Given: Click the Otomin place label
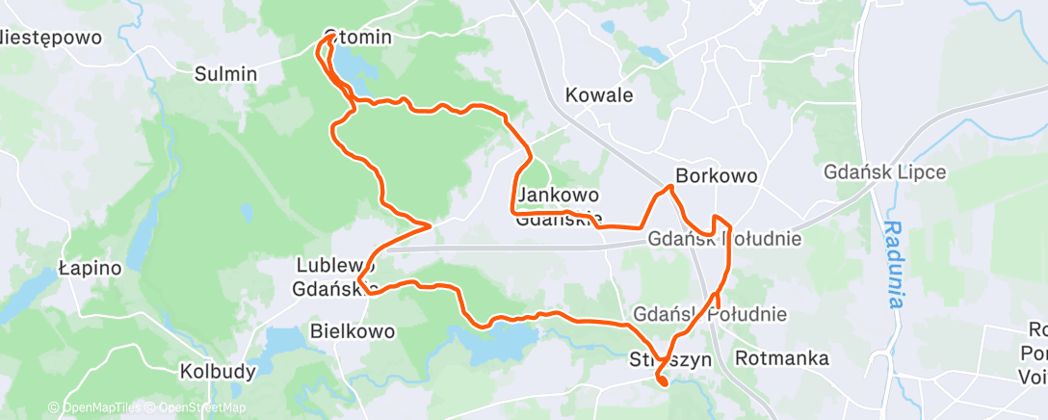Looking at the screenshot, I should point(358,38).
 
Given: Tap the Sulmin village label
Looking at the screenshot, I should point(225,73).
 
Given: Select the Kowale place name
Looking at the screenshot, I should point(599,95).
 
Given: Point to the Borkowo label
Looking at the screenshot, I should point(717,176).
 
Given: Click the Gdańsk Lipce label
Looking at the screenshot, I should point(885,173).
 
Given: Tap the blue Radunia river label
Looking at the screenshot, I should point(895,264).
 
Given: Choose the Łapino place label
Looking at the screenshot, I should point(90,268).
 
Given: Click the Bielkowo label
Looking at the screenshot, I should point(353,331).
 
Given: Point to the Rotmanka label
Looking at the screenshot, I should point(781,358).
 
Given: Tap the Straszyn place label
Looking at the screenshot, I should point(669,359).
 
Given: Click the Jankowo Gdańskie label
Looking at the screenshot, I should point(559,206).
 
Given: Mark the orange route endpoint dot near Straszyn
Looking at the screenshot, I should point(663,382).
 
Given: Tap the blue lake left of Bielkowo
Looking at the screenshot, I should point(281,339).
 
